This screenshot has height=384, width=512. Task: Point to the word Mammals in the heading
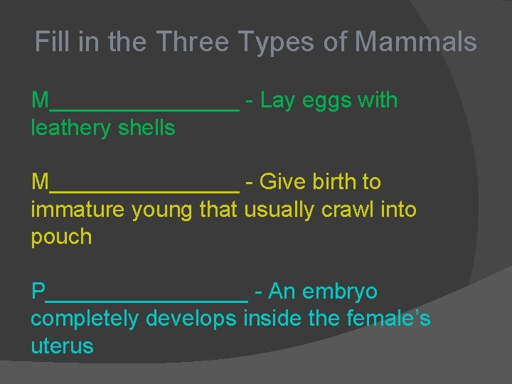pos(415,42)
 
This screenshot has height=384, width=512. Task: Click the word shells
pos(148,128)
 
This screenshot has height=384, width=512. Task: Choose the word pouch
pos(61,238)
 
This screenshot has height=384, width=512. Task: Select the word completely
pos(85,320)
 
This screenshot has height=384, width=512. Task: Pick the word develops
pos(191,320)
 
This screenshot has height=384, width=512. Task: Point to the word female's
pos(388,319)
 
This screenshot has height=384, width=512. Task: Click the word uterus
pos(62,347)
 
